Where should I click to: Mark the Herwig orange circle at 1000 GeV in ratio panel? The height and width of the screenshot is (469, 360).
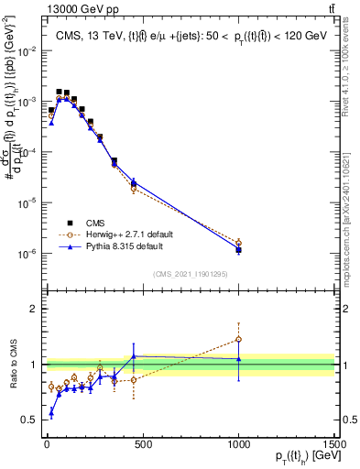239,339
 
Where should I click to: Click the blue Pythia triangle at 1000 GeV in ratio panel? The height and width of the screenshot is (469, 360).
239,359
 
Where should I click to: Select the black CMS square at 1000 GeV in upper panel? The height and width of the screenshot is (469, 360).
239,250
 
